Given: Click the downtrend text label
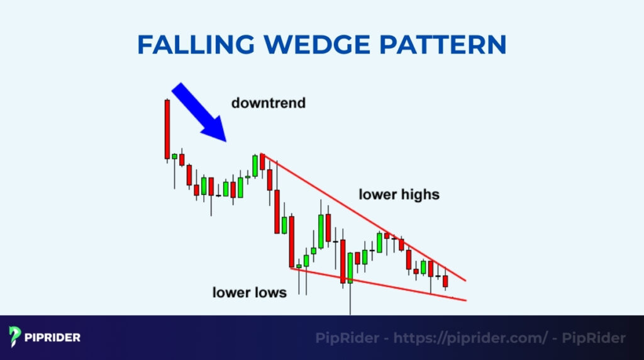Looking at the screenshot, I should pos(268,103).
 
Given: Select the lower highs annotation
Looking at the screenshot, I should pos(399,194).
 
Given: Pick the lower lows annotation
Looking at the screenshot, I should pos(249,292).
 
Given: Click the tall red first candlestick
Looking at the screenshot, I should pos(167,129).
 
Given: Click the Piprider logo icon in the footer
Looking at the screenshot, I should pos(16,337).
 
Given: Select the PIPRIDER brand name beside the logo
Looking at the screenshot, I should pos(53,337).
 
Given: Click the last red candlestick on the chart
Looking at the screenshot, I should pos(445,281).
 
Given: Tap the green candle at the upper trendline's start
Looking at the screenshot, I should pos(255,164).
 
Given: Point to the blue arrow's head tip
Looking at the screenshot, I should pos(223,139).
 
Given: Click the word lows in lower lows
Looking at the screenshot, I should pos(270,292).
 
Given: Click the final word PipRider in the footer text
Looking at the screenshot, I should pos(594,338).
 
